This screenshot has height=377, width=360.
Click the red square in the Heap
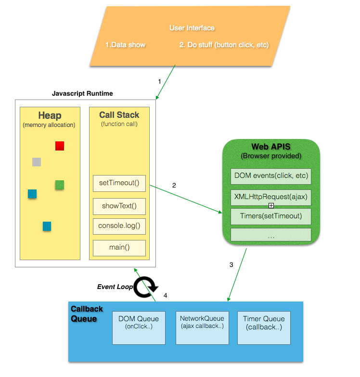pos(60,146)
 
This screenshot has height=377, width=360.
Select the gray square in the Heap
pos(37,162)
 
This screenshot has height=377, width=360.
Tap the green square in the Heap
pos(60,185)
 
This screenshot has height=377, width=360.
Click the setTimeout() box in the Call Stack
pos(119,183)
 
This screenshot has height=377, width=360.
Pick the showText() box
pos(119,206)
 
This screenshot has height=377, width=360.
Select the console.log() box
pos(119,226)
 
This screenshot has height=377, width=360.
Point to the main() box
pos(119,248)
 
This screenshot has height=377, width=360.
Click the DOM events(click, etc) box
pos(271,176)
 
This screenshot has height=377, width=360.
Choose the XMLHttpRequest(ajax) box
pos(271,197)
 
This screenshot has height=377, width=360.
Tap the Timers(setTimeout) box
pos(271,216)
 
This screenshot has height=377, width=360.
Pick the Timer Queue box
pos(264,327)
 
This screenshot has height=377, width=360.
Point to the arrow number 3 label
pos(231,265)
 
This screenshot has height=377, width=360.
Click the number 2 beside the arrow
pos(174,185)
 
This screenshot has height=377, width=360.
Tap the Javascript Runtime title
pos(82,93)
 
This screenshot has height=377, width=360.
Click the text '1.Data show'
pos(125,45)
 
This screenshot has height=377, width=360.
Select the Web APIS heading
pos(270,147)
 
